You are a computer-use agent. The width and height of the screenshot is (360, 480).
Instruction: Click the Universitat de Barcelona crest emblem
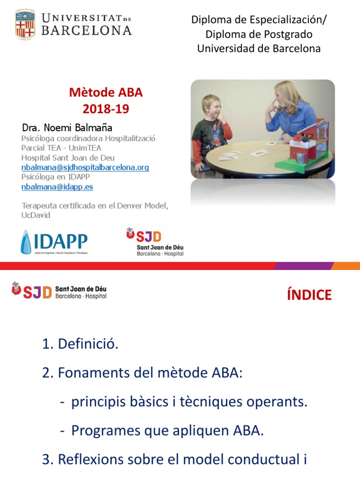(x=25, y=24)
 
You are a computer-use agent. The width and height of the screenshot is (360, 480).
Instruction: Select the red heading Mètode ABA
(x=105, y=92)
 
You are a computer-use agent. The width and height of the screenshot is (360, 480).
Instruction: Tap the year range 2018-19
(x=105, y=109)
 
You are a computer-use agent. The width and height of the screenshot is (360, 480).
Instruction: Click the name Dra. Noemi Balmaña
(x=67, y=127)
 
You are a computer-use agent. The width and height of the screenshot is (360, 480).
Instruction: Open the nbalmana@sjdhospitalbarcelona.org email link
(x=85, y=167)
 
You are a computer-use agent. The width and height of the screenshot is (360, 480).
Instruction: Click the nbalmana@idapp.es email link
(x=57, y=186)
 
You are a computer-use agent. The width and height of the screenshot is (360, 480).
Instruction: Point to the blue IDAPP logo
(x=54, y=242)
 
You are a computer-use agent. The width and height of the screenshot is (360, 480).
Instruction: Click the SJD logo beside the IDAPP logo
(x=155, y=241)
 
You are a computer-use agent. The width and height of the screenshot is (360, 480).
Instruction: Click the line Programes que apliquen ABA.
(x=167, y=430)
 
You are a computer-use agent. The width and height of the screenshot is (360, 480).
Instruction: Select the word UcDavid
(x=36, y=215)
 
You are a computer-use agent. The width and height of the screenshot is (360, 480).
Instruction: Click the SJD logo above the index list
(x=59, y=291)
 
